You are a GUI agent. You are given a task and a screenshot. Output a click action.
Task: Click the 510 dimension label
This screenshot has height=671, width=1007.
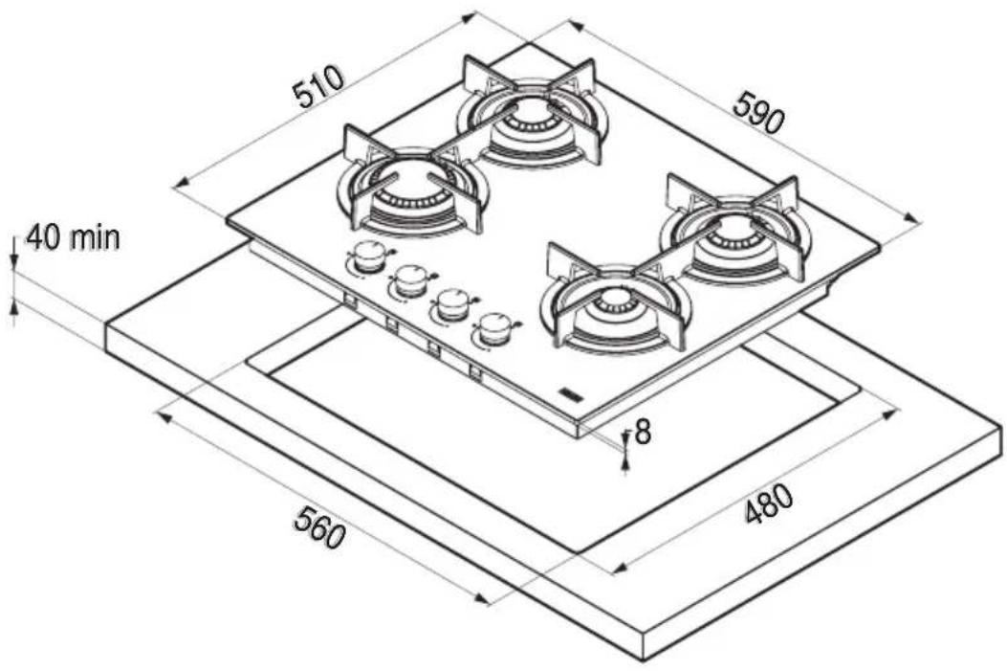click(x=319, y=86)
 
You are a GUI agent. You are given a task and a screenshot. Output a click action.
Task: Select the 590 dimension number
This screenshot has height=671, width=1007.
click(x=759, y=112)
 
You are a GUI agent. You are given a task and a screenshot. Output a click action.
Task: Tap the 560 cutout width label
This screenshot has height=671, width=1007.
click(x=319, y=526)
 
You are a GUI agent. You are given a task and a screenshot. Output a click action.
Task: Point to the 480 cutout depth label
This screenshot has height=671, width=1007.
click(x=770, y=503)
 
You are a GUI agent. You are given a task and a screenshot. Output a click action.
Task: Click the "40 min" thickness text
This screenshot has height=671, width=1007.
click(x=72, y=237)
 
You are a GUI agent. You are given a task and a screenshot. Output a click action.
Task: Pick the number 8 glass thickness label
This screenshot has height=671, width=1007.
click(x=643, y=433)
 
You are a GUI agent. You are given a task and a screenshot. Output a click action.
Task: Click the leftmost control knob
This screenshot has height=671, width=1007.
click(x=368, y=258)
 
